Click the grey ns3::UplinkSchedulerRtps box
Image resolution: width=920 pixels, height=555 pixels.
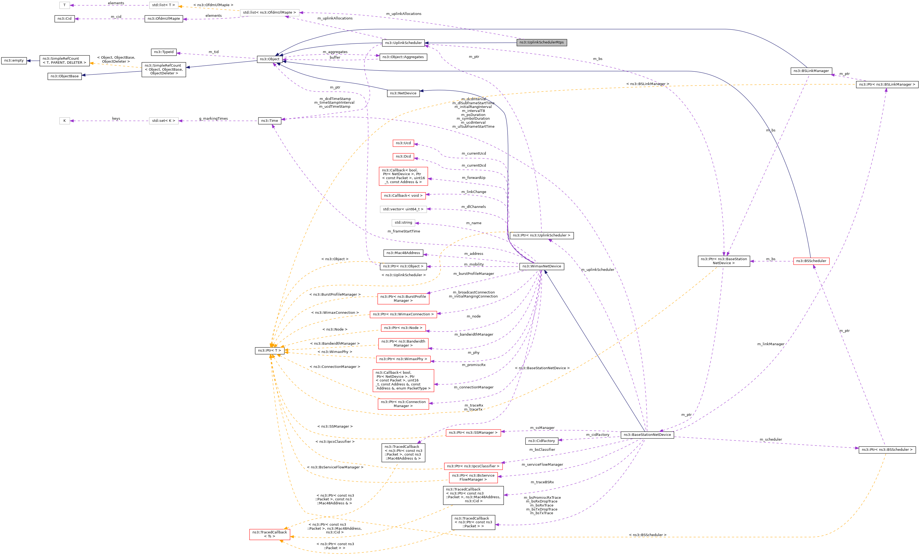coord(541,43)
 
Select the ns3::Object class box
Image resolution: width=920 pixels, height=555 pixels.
coord(269,59)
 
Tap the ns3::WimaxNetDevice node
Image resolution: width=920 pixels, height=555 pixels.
coord(541,266)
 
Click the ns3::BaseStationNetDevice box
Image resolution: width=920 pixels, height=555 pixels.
coord(647,435)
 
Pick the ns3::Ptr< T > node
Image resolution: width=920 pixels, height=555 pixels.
coord(269,351)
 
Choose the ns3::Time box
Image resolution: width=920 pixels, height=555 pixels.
coord(269,120)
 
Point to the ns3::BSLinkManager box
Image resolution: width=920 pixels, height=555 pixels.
coord(811,71)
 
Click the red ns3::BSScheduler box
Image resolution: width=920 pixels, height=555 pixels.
coord(811,261)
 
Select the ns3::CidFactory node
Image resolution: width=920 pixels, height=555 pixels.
coord(541,441)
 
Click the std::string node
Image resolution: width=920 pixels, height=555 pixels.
coord(403,222)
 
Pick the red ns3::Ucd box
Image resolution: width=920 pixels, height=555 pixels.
coord(403,143)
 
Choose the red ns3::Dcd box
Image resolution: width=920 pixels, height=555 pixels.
coord(403,156)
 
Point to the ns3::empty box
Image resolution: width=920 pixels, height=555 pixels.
coord(14,61)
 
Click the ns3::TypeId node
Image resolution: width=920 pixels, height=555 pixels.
coord(163,52)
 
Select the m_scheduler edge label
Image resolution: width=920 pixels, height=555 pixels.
coord(771,439)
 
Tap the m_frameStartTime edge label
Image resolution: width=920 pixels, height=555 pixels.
coord(404,231)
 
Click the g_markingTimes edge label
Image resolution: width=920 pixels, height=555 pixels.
coord(213,119)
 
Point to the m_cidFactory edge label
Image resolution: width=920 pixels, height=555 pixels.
coord(597,435)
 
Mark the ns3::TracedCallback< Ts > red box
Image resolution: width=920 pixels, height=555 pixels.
coord(269,534)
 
